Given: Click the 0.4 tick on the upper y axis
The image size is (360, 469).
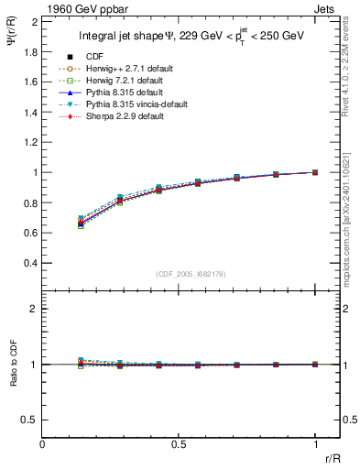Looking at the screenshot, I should click(x=33, y=263).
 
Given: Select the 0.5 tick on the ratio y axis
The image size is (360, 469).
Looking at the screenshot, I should click(x=33, y=420).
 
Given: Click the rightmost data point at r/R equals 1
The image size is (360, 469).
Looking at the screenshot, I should click(x=315, y=172).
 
